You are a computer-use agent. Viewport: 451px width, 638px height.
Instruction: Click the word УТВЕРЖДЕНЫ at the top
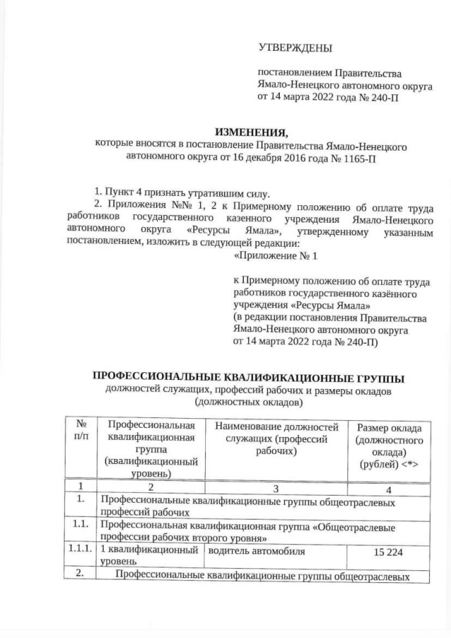295,48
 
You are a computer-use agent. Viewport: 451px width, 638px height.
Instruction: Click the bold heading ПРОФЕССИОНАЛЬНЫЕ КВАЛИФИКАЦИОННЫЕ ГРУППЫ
250,377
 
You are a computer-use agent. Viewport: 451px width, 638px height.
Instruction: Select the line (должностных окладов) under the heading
250,403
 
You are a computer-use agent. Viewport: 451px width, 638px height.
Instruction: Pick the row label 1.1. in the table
80,526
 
